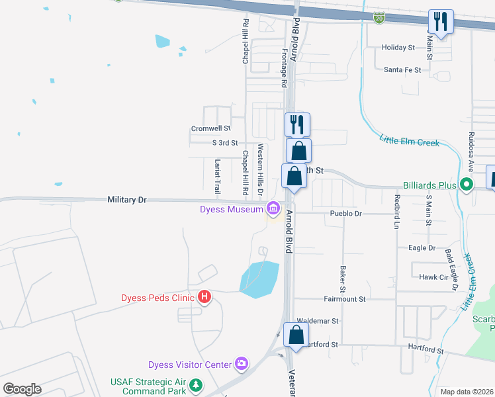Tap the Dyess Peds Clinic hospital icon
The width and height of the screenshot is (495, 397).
coord(204,297)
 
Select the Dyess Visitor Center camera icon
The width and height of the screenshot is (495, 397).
coord(242,363)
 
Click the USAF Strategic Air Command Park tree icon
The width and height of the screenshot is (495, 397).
coord(195,384)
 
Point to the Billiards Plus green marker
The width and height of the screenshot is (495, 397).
coord(467,185)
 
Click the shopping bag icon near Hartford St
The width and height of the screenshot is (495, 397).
coord(296,334)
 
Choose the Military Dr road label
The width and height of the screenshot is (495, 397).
coord(126,199)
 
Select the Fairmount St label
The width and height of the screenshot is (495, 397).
coord(345,299)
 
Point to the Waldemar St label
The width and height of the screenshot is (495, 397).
coord(318,321)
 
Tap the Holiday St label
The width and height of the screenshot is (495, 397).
coord(398,48)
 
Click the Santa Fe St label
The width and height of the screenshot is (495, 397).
coord(402,69)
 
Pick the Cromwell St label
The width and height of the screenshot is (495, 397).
coord(210,128)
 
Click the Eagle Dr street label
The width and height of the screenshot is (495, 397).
coord(422,248)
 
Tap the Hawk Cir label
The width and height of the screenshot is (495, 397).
coord(433,277)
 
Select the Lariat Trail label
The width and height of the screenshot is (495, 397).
coord(217,176)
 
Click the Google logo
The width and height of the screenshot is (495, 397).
coord(22,389)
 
